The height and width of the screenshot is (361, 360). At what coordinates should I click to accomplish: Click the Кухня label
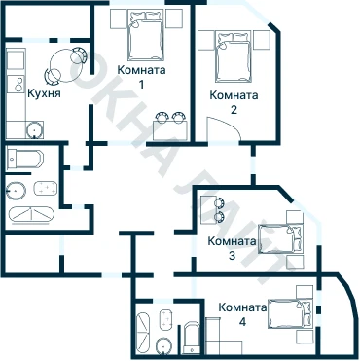[44, 93]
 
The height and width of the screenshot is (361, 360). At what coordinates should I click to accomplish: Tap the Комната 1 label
[141, 77]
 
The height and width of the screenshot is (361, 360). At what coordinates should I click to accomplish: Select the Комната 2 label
[234, 102]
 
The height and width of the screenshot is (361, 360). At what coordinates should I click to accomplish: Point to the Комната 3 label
[232, 248]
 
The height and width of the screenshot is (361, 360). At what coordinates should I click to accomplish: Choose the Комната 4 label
[242, 314]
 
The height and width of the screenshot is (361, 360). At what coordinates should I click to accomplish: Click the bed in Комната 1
[145, 35]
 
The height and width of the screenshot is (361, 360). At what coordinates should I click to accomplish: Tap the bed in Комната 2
[234, 56]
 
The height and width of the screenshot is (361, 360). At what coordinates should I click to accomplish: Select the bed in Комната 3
[281, 239]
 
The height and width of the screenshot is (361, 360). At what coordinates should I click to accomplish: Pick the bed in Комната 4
[291, 314]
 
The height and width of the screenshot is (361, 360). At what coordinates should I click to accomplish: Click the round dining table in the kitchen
[65, 65]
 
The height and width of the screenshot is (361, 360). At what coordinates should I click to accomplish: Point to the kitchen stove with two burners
[17, 84]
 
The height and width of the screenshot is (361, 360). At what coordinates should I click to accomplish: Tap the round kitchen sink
[34, 129]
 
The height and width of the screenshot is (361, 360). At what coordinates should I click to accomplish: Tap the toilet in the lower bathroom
[192, 338]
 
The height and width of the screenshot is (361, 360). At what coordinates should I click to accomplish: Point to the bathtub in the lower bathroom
[143, 334]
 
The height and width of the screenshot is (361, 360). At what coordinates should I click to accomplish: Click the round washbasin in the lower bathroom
[163, 346]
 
